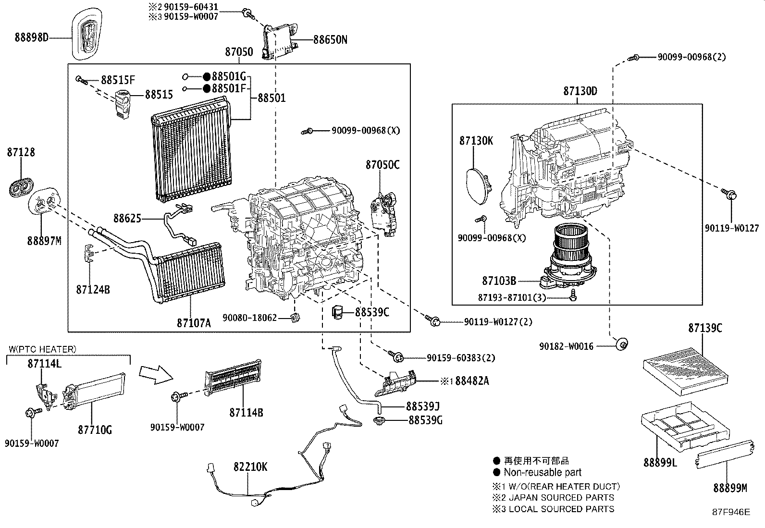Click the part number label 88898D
(32, 37)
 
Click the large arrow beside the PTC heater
(155, 374)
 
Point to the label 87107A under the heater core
(194, 323)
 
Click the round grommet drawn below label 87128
(21, 187)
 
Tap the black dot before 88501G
(206, 76)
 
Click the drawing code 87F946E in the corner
(730, 512)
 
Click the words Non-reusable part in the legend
(543, 472)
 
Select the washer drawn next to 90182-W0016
(623, 344)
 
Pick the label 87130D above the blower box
(580, 91)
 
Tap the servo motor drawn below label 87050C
(384, 211)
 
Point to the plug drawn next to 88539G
(380, 421)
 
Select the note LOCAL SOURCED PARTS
(561, 509)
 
